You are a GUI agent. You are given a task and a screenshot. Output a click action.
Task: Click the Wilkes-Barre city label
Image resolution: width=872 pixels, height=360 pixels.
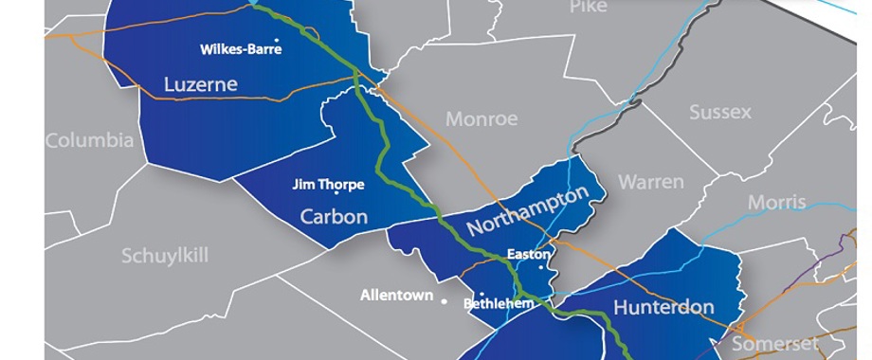pos(234,49)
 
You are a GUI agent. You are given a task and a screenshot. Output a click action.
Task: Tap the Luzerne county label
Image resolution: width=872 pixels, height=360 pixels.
pos(200,84)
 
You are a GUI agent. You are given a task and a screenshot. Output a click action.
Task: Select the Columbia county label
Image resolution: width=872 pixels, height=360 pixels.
pos(89,141)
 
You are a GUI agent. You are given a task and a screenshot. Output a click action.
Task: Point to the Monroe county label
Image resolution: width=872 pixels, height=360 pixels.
pos(481,119)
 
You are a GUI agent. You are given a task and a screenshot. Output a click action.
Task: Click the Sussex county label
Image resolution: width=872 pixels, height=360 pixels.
pos(719,112)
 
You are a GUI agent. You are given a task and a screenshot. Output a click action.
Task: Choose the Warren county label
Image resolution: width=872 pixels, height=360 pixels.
pos(650,181)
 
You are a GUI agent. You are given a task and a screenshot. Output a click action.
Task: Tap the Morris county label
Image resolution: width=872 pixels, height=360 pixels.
pos(776,202)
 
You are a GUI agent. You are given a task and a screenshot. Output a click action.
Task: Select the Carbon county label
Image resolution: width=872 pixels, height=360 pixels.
pos(334,217)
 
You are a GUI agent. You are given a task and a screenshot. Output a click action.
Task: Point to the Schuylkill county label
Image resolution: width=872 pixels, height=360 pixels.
pos(165,256)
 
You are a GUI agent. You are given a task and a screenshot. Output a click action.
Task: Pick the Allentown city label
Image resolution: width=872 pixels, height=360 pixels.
pos(395,296)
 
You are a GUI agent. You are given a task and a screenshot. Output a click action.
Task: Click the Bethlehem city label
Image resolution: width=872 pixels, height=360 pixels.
pos(499,304)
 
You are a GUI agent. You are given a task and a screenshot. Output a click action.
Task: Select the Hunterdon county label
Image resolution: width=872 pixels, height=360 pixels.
pos(663,307)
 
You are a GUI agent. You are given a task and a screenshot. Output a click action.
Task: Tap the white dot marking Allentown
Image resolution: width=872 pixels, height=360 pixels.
pos(444,299)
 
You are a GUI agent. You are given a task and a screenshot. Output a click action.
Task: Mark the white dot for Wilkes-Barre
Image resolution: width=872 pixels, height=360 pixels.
pos(277,40)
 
